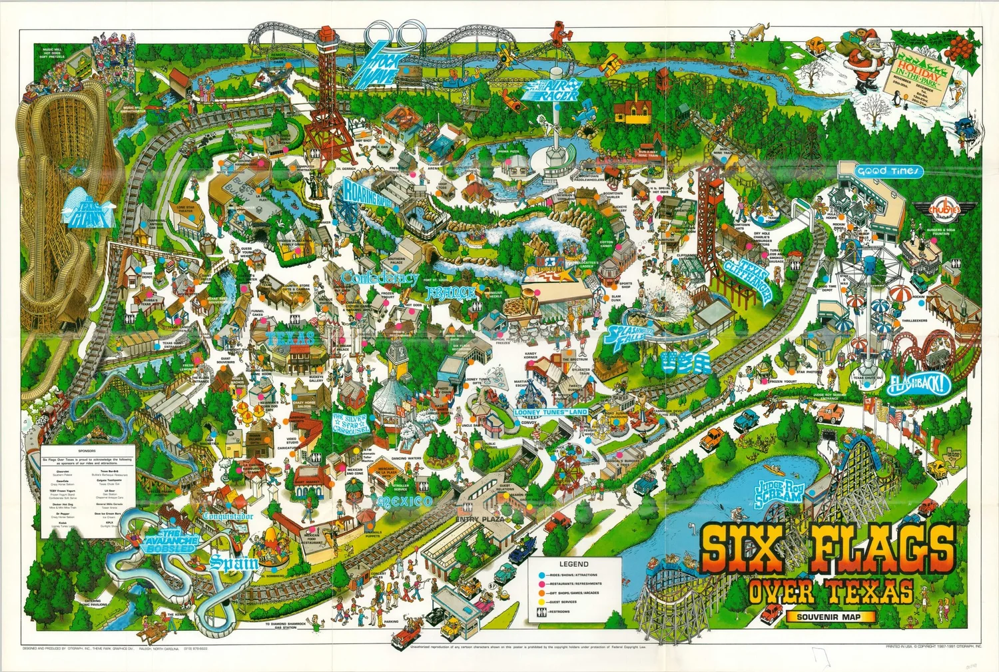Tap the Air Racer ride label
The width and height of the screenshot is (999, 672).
[551, 91]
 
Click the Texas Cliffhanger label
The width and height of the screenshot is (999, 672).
[748, 278]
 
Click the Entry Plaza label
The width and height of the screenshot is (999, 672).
[480, 519]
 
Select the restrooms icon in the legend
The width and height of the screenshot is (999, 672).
[541, 611]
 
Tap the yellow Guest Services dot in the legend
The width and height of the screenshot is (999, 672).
[541, 602]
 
